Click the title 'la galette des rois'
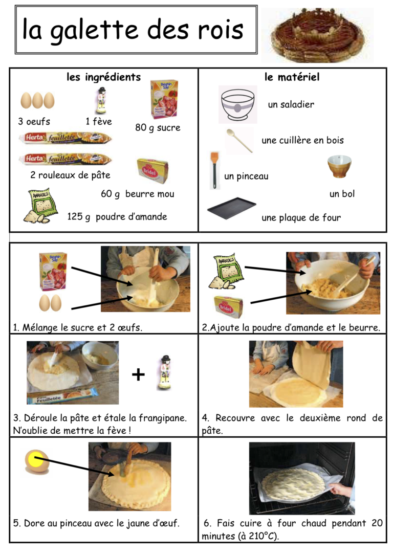point(133,30)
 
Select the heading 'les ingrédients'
point(104,77)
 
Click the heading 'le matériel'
point(292,77)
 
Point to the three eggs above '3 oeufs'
point(37,100)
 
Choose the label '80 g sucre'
point(158,128)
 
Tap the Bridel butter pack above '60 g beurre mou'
point(152,171)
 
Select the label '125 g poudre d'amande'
point(117,216)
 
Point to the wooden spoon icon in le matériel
point(239,140)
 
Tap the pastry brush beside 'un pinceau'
point(214,169)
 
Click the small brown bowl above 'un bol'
point(339,166)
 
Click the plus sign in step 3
point(138,375)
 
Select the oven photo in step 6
point(301,478)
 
